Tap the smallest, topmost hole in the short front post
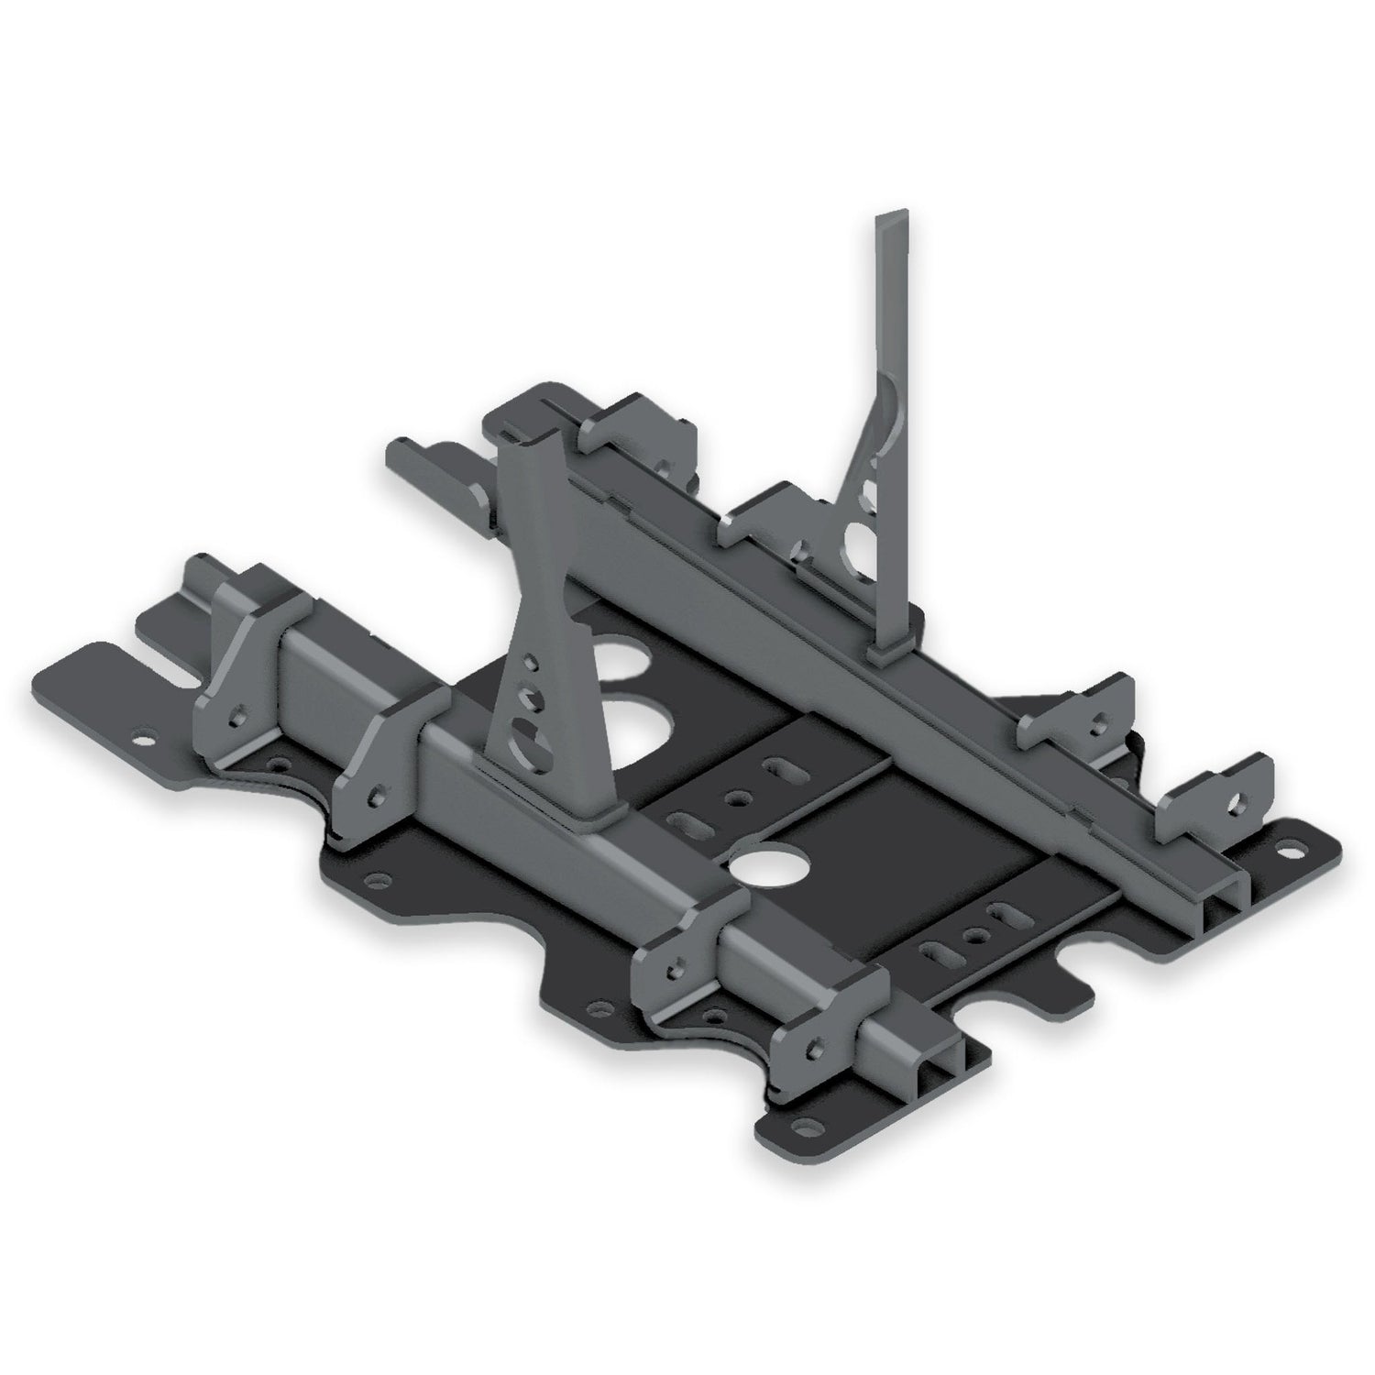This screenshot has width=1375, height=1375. (x=528, y=660)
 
